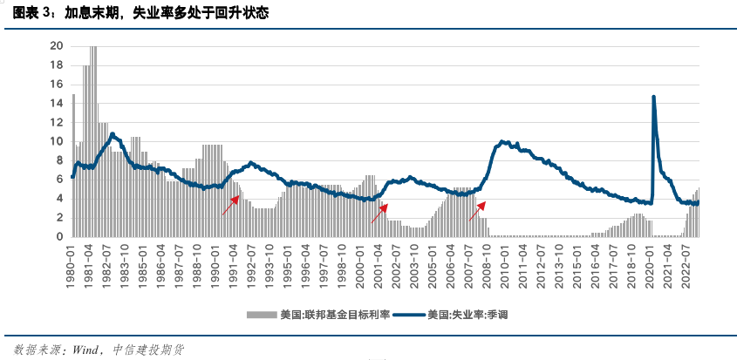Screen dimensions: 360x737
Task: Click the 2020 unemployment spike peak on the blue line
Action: click(x=653, y=97)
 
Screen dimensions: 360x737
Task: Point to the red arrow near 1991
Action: click(x=230, y=206)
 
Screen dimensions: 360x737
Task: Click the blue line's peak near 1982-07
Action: click(x=112, y=134)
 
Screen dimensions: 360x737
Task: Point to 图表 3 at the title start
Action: click(x=30, y=14)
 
